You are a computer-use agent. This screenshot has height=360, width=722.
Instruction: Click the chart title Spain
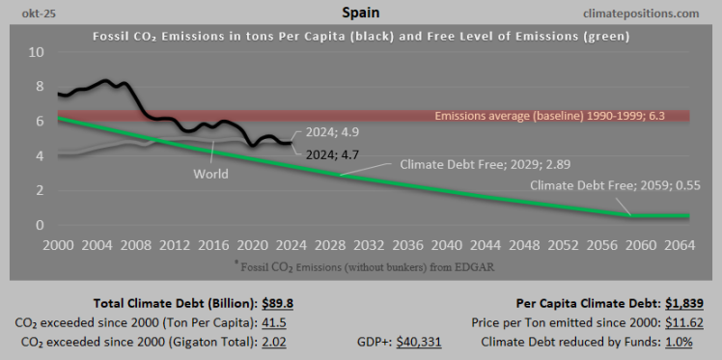coord(360,13)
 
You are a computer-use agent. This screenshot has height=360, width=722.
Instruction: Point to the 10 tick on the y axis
coord(36,51)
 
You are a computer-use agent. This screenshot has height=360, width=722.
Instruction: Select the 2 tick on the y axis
coord(40,190)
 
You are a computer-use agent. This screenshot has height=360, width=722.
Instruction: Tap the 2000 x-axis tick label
coord(60,245)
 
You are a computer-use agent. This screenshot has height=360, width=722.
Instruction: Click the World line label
coord(210,174)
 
